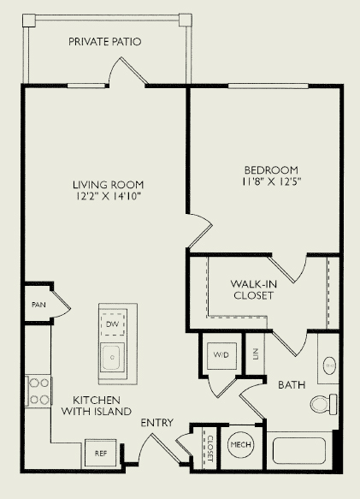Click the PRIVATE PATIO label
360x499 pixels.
point(104,42)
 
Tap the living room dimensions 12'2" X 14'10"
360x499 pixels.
point(108,196)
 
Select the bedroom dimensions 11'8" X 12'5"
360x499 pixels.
point(271,181)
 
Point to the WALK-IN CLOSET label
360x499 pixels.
point(253,289)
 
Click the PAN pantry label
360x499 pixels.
point(38,305)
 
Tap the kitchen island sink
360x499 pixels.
point(112,357)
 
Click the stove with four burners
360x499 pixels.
point(38,391)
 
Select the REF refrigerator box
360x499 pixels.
point(101,454)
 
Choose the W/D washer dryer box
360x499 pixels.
point(221,355)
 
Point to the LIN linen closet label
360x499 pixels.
point(256,354)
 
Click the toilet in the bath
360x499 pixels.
point(323,404)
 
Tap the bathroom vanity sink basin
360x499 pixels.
point(329,365)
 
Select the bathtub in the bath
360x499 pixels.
point(299,450)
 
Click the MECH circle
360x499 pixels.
point(240,444)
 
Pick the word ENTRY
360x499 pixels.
point(156,423)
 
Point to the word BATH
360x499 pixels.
point(292,385)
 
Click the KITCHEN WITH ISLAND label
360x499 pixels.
point(97,406)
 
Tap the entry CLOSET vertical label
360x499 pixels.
point(210,449)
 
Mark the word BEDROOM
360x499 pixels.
point(271,169)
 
